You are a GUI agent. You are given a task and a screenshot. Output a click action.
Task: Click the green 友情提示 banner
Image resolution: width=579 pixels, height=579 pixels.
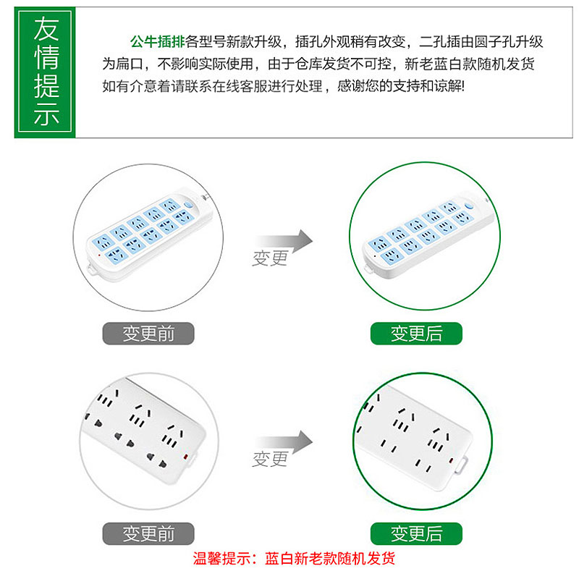coord(45,72)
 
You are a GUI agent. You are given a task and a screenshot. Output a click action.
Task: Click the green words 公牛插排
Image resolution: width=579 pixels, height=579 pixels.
coord(157,42)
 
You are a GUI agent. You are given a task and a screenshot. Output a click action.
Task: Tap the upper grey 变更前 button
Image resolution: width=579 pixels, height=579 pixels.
coord(148,334)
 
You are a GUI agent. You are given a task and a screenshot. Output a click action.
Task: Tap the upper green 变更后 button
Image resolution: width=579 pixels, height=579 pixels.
coord(416,334)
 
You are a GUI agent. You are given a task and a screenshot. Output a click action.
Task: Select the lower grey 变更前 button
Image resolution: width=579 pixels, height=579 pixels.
coord(148,533)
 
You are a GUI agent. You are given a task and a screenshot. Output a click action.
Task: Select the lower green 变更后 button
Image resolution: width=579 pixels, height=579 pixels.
coord(416,533)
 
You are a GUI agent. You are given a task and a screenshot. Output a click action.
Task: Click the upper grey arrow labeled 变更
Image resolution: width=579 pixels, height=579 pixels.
coord(284,242)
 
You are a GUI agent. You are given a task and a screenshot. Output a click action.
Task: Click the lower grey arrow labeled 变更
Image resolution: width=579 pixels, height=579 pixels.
coord(284,442)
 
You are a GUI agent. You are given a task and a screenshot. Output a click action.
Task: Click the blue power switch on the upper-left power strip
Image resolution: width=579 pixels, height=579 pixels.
coord(188,204)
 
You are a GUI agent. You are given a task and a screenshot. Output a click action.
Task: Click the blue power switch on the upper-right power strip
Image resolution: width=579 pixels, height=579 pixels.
coord(469,206)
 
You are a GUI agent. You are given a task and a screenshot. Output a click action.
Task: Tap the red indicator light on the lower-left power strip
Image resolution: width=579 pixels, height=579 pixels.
coord(186,457)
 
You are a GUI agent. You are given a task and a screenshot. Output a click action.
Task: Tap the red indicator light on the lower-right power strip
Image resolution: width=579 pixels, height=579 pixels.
coord(451,460)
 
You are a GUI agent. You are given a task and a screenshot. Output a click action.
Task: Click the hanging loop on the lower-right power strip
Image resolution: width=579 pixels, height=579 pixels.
coord(462,465)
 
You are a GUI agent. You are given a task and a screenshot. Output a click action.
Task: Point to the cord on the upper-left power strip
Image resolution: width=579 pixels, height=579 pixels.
coord(206,198)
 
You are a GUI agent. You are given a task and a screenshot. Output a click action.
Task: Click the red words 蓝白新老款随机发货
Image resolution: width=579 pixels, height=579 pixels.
coord(330,558)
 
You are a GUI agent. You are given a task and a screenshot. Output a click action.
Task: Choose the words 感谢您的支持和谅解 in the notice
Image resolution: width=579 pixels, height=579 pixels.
coord(401,86)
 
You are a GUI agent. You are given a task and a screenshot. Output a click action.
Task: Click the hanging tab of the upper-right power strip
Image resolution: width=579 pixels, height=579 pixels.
coord(369,269)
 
